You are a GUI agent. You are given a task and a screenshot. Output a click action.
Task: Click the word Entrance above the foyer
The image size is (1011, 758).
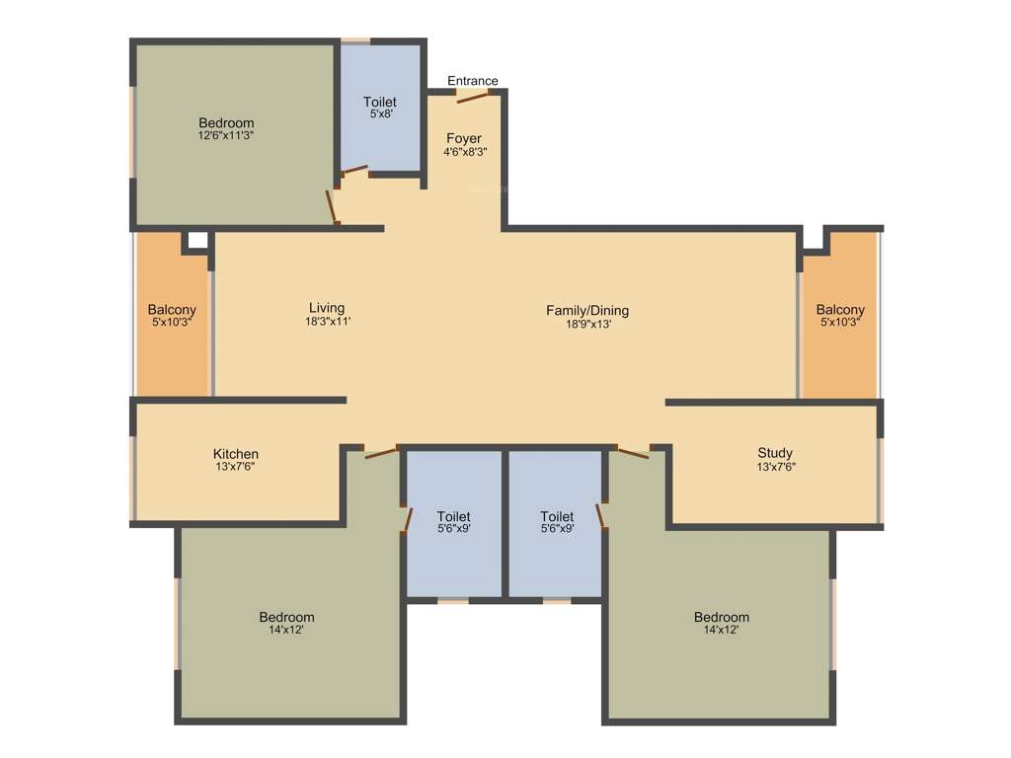point(473,81)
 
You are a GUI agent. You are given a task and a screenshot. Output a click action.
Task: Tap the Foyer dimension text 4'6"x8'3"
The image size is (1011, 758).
point(465,152)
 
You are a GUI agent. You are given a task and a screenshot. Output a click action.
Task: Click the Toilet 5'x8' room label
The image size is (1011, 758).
point(380,102)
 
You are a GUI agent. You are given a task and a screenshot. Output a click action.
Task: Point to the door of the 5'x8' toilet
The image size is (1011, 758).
point(354,171)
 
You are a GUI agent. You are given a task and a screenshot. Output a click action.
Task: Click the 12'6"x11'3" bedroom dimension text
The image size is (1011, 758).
point(226,136)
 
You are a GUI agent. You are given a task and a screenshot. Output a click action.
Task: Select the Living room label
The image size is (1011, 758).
point(327,308)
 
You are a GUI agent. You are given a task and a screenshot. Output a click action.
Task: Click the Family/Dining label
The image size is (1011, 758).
point(587,310)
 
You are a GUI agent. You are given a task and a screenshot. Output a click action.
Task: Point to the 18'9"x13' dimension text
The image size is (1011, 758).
point(587,324)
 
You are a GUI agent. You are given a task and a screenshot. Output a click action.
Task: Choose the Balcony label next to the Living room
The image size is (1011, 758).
point(173,310)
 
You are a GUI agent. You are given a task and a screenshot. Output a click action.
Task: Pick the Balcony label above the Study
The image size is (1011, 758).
point(840,310)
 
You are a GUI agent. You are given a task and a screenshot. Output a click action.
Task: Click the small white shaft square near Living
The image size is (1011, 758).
point(197,240)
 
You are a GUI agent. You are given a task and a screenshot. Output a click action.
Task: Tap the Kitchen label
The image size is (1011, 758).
point(236,454)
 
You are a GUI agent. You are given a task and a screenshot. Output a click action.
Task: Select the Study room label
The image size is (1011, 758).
point(775,454)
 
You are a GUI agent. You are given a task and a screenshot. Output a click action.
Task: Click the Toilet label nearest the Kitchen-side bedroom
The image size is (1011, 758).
point(453,516)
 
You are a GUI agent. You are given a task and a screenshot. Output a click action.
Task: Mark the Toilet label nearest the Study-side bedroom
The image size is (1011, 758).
point(557,516)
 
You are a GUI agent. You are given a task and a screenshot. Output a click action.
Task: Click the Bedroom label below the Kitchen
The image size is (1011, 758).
point(287,617)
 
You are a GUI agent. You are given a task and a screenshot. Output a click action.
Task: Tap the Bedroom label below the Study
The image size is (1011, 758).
point(722,617)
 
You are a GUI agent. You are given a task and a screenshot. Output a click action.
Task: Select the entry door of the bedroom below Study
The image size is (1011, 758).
point(633,453)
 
